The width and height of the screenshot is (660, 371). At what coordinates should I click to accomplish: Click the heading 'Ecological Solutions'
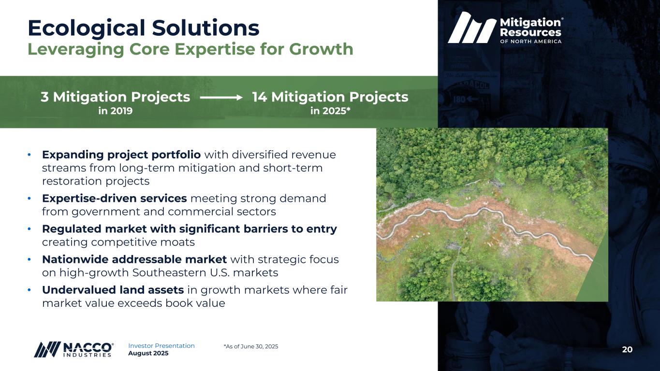[x=144, y=28]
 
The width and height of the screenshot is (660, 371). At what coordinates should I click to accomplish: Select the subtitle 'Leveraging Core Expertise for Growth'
[x=191, y=49]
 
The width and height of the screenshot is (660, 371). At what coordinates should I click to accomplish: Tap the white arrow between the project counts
[x=221, y=98]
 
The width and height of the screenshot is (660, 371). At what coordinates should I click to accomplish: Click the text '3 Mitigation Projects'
[x=115, y=97]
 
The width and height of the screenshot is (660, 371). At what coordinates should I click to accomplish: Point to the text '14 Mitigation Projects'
[x=330, y=97]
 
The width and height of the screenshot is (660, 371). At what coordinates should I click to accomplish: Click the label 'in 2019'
[x=115, y=111]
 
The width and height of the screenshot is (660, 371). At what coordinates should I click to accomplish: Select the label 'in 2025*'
[x=330, y=111]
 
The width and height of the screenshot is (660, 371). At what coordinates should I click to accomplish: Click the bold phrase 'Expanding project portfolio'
[x=121, y=155]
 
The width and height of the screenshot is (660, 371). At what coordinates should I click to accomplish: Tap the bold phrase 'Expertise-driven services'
[x=114, y=199]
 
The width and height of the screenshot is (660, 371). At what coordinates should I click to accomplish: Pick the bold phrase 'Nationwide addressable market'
[x=134, y=259]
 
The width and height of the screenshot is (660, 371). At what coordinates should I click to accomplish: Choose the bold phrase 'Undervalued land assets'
[x=113, y=290]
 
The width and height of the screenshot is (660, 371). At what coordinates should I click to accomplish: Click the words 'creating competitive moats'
[x=118, y=243]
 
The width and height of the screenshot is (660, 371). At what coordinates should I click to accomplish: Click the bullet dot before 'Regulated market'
[x=29, y=229]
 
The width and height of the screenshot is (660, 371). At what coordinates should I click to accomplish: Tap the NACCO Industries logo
[x=73, y=350]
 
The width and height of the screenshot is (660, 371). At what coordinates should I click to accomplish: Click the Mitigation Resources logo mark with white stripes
[x=472, y=28]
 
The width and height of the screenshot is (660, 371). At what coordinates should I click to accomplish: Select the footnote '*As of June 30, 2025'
[x=251, y=346]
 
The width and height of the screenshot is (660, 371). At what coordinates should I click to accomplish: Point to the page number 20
[x=627, y=350]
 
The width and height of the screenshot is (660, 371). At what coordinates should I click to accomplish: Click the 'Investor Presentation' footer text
[x=161, y=346]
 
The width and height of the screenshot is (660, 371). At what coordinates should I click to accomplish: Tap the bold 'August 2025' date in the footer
[x=148, y=353]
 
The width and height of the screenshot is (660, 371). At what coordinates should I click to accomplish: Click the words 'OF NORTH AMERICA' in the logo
[x=530, y=42]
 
